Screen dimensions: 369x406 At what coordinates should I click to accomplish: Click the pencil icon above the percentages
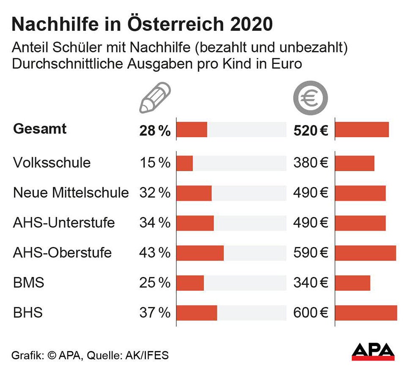point(155,98)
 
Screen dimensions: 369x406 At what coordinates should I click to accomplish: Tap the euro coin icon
point(311,98)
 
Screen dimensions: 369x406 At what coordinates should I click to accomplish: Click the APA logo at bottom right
point(373,352)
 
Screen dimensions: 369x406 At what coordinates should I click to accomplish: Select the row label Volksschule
point(52,163)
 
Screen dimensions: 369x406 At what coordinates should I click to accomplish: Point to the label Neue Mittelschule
point(71,193)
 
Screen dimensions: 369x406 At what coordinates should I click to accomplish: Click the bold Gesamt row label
point(40,129)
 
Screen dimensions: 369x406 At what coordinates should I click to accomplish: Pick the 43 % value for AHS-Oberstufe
point(155,253)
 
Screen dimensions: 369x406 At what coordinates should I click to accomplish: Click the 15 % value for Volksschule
point(155,163)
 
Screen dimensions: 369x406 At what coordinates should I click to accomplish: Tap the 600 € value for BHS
point(311,313)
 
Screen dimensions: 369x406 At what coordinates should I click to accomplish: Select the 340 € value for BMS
point(311,283)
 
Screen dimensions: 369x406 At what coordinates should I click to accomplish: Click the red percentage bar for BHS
point(197,313)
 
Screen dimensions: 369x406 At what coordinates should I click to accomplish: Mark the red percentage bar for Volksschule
point(184,163)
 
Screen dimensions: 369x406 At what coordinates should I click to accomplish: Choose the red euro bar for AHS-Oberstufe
point(365,253)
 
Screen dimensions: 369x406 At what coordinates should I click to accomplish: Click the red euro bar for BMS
point(352,283)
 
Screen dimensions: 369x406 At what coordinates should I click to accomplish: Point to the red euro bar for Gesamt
point(362,130)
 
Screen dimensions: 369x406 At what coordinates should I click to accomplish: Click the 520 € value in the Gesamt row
point(311,130)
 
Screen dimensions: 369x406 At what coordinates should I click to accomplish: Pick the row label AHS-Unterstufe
point(64,223)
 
